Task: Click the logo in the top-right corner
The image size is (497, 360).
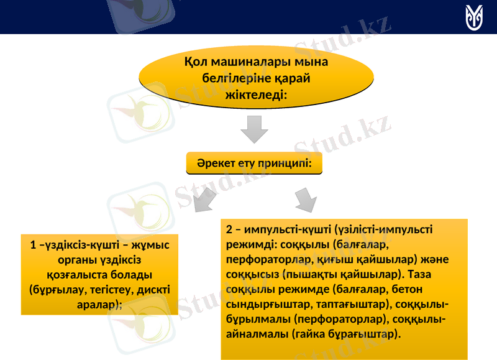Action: (476, 17)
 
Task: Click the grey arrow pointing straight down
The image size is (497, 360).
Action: (254, 131)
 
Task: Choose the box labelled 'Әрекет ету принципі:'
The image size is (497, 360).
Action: (254, 163)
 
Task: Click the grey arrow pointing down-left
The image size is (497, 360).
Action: (203, 199)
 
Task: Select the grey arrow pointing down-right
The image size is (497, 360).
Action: (305, 200)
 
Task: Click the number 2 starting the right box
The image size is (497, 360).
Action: (229, 229)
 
